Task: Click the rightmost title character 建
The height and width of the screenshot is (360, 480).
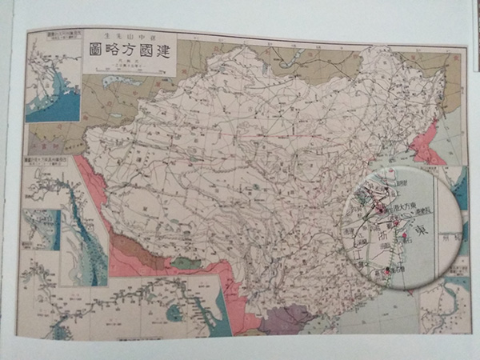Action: point(166,54)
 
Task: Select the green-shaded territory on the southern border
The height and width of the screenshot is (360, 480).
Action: point(186,262)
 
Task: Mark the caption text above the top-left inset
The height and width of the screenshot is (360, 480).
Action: point(56,38)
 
